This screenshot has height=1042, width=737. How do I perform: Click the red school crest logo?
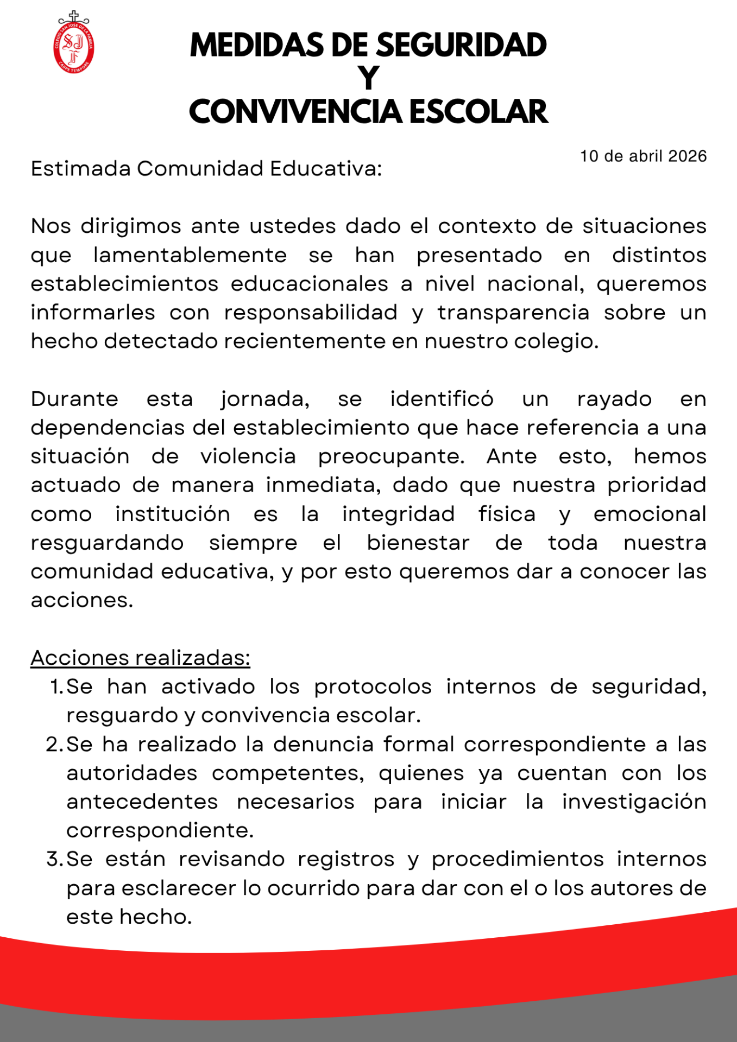pyautogui.click(x=74, y=43)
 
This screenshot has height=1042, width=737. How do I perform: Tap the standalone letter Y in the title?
pyautogui.click(x=368, y=78)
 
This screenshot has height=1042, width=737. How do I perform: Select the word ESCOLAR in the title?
pyautogui.click(x=478, y=112)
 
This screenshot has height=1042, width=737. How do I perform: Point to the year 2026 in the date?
pyautogui.click(x=687, y=156)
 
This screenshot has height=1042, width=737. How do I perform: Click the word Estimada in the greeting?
pyautogui.click(x=80, y=169)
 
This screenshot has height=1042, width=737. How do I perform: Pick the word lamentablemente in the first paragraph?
pyautogui.click(x=190, y=255)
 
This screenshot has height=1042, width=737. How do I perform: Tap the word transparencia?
pyautogui.click(x=513, y=313)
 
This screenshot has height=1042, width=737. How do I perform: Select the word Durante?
pyautogui.click(x=74, y=399)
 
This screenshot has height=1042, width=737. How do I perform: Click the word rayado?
pyautogui.click(x=614, y=399)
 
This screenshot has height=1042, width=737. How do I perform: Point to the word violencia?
pyautogui.click(x=248, y=456)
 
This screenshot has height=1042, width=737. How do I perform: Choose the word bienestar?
pyautogui.click(x=418, y=543)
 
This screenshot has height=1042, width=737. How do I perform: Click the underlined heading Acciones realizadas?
pyautogui.click(x=140, y=658)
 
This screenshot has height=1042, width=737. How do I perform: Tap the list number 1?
pyautogui.click(x=56, y=687)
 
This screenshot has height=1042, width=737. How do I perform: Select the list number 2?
pyautogui.click(x=55, y=745)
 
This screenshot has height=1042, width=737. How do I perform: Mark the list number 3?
pyautogui.click(x=55, y=860)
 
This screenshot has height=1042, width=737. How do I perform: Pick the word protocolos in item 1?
pyautogui.click(x=373, y=687)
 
